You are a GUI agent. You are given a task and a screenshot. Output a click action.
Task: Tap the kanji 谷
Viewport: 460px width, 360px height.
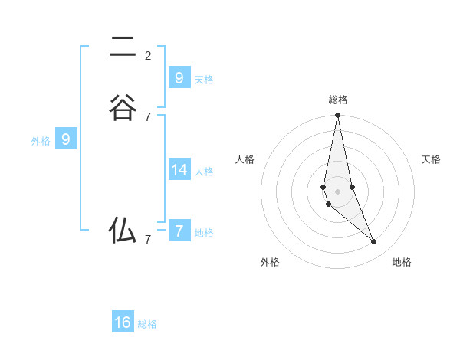[x=123, y=107]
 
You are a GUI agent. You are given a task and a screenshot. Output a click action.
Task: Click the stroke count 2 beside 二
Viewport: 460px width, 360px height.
[x=148, y=55]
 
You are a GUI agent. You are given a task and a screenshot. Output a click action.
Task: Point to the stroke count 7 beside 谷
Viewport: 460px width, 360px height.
[x=148, y=116]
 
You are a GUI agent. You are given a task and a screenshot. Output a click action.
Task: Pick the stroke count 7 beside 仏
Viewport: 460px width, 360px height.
[x=148, y=239]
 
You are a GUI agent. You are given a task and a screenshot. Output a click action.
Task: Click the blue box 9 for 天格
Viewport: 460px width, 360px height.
[x=179, y=77]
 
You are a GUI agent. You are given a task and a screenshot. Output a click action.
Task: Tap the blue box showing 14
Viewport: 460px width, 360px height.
[x=179, y=169]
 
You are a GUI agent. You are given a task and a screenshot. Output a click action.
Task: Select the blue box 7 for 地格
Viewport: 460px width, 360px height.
[x=179, y=231]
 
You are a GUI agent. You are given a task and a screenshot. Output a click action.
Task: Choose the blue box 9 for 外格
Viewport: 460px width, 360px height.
[x=66, y=139]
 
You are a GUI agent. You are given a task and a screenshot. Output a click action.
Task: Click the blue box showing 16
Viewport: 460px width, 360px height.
[x=123, y=322]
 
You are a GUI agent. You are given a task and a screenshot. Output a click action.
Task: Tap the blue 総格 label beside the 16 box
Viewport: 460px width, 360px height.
[x=147, y=324]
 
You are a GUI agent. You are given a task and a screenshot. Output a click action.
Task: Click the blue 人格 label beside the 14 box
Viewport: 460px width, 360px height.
[x=204, y=172]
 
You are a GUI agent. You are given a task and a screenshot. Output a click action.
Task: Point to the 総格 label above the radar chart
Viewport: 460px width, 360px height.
[x=338, y=100]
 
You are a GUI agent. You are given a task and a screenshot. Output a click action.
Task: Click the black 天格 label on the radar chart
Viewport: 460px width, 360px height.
[x=431, y=159]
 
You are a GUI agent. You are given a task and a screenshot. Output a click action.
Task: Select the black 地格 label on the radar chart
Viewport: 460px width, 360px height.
[x=402, y=262]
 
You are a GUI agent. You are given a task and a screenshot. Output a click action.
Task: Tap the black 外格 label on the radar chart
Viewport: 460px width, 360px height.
[x=270, y=262]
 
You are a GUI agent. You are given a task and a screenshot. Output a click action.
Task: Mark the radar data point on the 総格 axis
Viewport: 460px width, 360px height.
[x=337, y=116]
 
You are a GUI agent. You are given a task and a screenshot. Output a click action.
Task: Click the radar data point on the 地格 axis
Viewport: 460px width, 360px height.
[x=374, y=242]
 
